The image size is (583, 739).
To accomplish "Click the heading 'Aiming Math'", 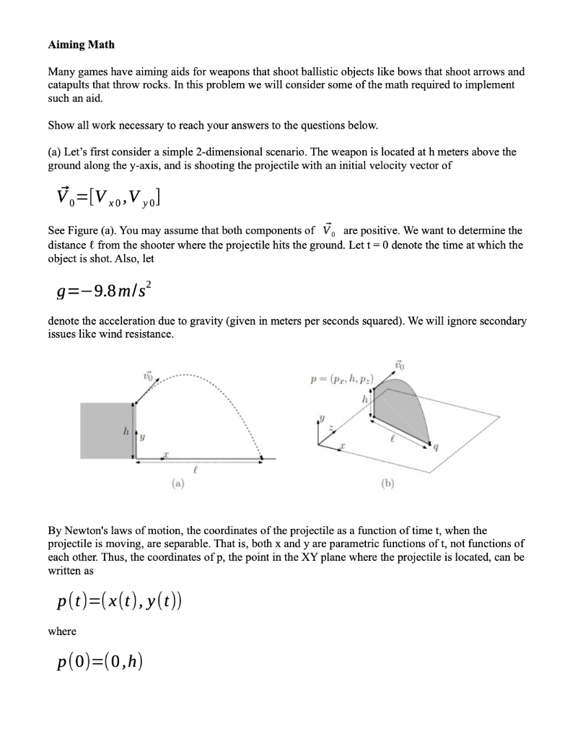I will point(81,45).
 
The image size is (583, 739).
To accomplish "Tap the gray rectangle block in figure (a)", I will point(105,430).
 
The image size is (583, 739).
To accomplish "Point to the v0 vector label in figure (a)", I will point(149,375).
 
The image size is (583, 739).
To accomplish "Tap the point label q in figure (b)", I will point(435,447).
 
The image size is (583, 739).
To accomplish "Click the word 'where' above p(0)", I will point(62,631).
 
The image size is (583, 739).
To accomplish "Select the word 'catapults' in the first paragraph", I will point(71,84).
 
